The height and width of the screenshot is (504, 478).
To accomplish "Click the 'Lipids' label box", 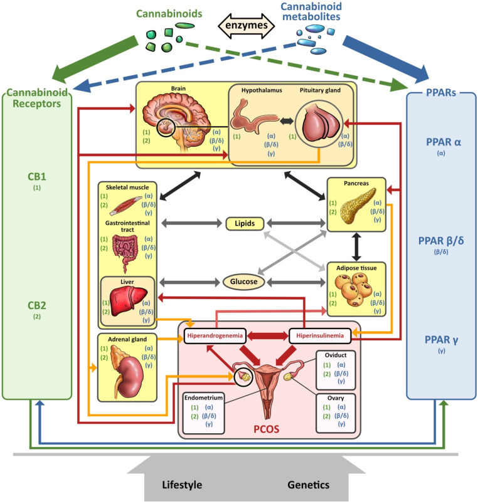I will tap(245, 223).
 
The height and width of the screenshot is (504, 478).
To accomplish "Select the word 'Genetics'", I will tap(308, 485).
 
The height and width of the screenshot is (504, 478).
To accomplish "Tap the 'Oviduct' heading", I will tap(336, 355).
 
